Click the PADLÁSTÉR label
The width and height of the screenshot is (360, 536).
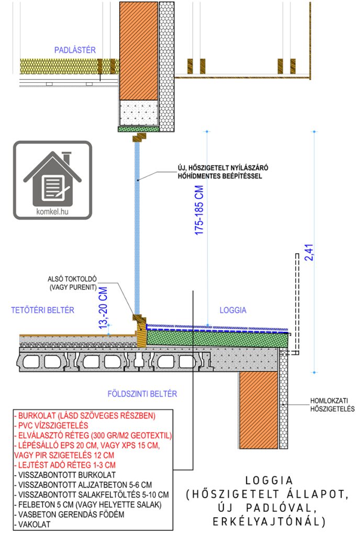75,50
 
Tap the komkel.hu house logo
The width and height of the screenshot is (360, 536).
52,180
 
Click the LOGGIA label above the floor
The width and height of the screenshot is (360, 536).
233,310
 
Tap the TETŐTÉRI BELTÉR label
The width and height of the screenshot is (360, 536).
42,310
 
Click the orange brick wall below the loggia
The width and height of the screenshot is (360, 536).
258,411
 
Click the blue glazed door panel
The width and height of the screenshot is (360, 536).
138,225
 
